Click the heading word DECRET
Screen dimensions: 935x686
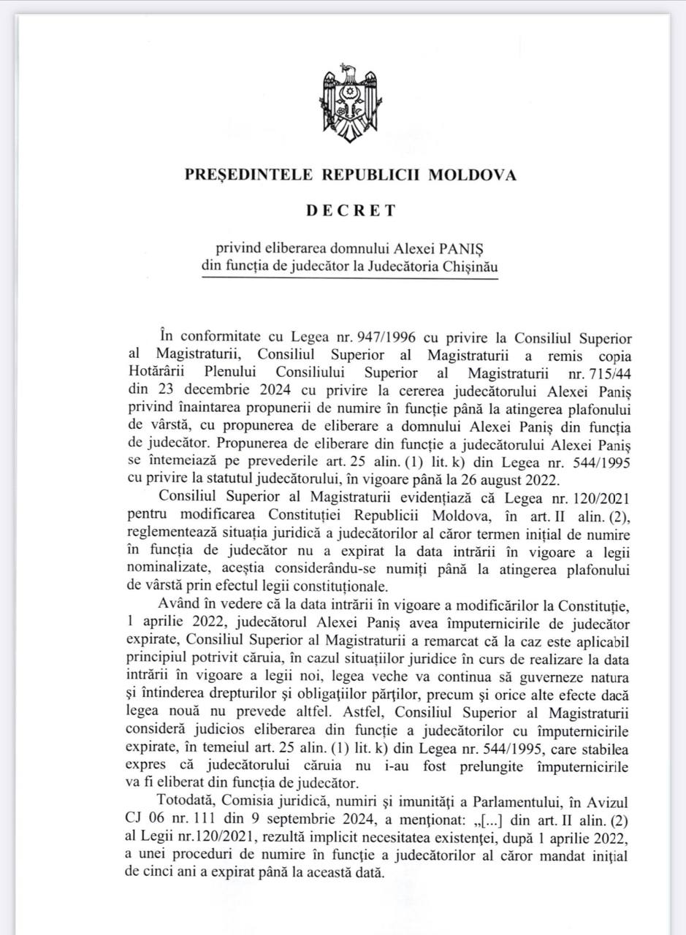click(351, 210)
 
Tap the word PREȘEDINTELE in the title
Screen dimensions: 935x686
click(240, 175)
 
